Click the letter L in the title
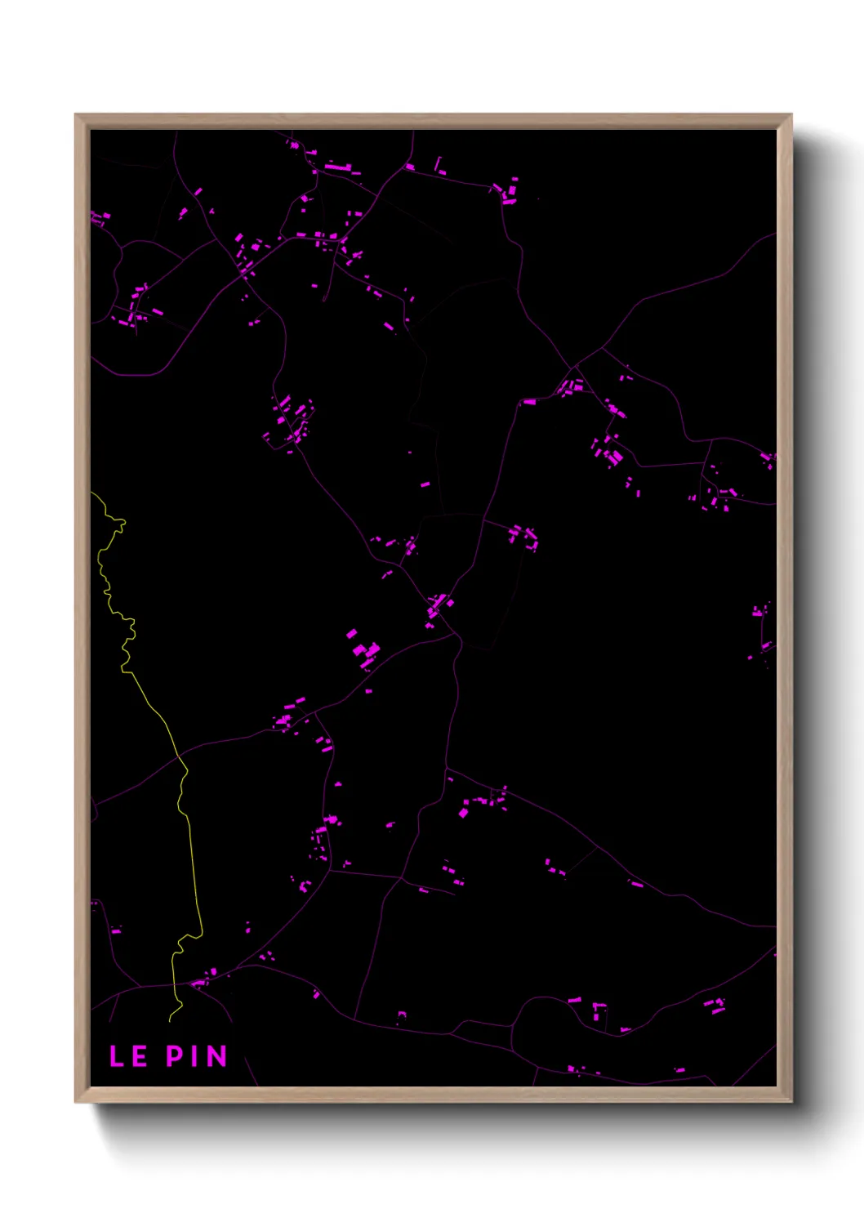pyautogui.click(x=117, y=1056)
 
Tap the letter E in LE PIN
pyautogui.click(x=139, y=1056)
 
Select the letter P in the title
pyautogui.click(x=175, y=1056)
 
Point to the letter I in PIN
pyautogui.click(x=196, y=1056)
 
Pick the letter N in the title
pyautogui.click(x=216, y=1056)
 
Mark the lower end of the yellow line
pyautogui.click(x=170, y=1020)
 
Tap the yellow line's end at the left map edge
pyautogui.click(x=92, y=493)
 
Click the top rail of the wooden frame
pyautogui.click(x=433, y=121)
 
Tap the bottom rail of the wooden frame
pyautogui.click(x=433, y=1094)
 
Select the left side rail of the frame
pyautogui.click(x=82, y=604)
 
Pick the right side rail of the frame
pyautogui.click(x=784, y=604)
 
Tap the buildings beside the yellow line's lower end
pyautogui.click(x=203, y=978)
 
